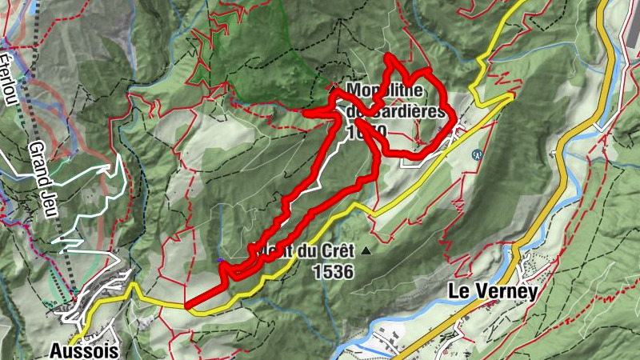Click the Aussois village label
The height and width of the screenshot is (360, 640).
tap(84, 350)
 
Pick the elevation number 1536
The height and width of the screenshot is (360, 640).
tap(333, 272)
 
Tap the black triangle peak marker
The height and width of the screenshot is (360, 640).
tap(366, 251)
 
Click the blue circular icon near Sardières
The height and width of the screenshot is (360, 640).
tap(478, 154)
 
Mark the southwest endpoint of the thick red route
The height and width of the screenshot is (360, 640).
tap(187, 305)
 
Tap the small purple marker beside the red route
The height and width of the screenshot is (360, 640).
tap(220, 259)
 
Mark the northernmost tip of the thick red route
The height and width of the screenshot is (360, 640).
tap(388, 56)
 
